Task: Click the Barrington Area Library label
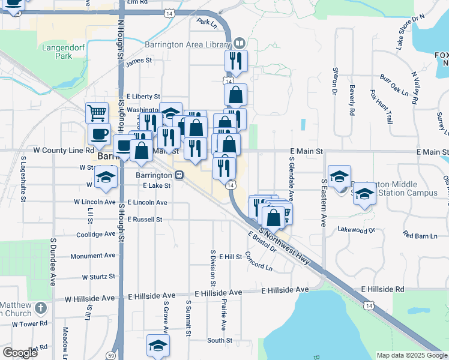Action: pos(187,44)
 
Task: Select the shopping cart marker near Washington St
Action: pos(97,112)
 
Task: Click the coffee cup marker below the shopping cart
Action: pos(99,133)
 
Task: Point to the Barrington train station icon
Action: pos(179,175)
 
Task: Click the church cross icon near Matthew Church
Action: pos(40,308)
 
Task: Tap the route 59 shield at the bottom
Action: pos(111,356)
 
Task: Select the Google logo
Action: pos(20,353)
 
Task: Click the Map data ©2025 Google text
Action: pos(411,355)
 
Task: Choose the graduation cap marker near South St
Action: pos(158,346)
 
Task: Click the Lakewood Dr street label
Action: pos(356,230)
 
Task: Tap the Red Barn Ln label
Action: pos(419,235)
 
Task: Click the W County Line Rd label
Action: pos(64,151)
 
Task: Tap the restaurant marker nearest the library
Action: pos(234,61)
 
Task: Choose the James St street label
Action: pos(139,61)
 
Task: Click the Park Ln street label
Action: pos(206,22)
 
